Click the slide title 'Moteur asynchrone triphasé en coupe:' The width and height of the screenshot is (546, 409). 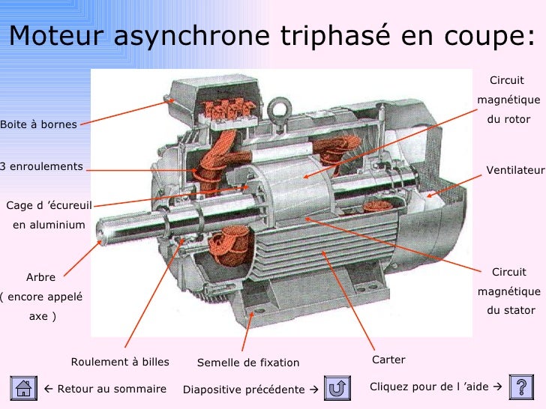tap(273, 35)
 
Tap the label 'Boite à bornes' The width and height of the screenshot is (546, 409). tap(39, 124)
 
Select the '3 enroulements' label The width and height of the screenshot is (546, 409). tap(42, 166)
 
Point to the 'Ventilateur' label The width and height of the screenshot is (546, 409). tap(515, 171)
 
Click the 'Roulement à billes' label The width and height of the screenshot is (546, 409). tap(120, 363)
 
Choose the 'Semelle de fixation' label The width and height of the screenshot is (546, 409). tap(248, 363)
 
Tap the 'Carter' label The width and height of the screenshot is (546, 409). tap(388, 360)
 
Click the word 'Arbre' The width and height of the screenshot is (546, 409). tap(40, 277)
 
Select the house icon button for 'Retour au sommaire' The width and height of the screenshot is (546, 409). tap(23, 388)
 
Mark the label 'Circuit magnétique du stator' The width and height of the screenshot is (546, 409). tap(508, 291)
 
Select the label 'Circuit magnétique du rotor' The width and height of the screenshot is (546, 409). tap(508, 100)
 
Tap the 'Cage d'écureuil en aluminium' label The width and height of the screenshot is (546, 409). tap(49, 214)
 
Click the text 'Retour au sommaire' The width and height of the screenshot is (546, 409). tap(104, 390)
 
